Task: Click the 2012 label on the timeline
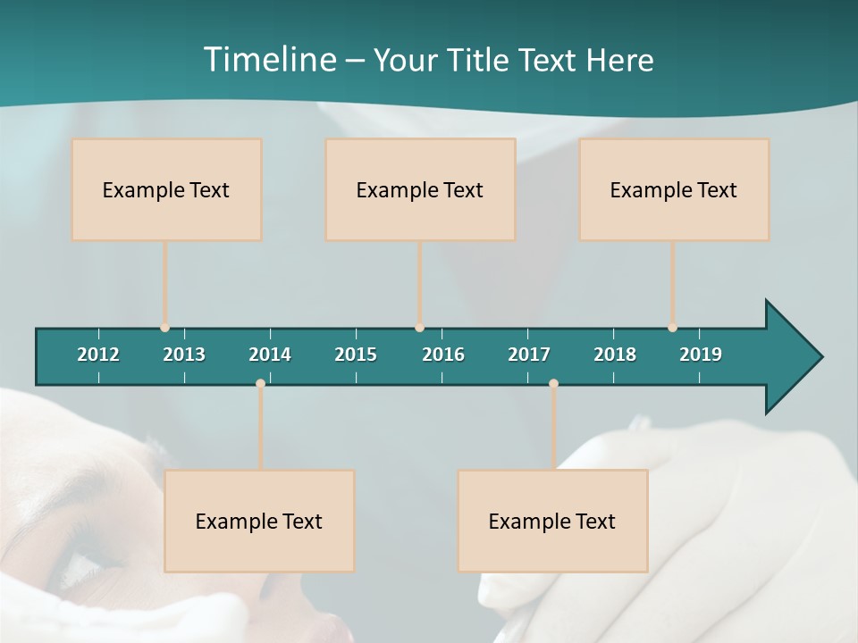click(98, 355)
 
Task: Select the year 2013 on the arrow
click(184, 355)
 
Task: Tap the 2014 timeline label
click(270, 355)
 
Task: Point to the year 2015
click(356, 355)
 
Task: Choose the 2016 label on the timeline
click(443, 355)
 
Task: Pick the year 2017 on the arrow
click(529, 355)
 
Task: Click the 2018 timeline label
click(615, 355)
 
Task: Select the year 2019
click(701, 355)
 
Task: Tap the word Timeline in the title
click(269, 60)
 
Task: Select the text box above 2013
click(166, 189)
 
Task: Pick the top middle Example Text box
click(420, 189)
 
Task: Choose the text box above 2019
click(674, 189)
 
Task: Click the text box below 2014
click(259, 521)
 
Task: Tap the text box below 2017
click(552, 521)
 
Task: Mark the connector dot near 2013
click(165, 328)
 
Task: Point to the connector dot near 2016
click(420, 328)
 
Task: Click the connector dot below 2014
click(260, 383)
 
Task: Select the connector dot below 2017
click(553, 383)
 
